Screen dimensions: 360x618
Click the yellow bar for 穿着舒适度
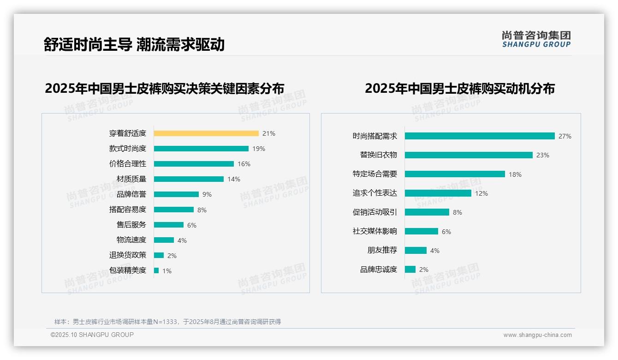tap(206, 133)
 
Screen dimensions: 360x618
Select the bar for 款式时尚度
tap(201, 149)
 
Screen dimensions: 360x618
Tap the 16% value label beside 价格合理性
tap(244, 164)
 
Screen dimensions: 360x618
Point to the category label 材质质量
tap(131, 179)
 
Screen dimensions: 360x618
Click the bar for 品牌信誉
tap(176, 194)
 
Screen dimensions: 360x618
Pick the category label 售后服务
tap(131, 225)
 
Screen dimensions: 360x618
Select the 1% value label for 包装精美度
tap(167, 271)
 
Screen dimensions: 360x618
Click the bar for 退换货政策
tap(159, 255)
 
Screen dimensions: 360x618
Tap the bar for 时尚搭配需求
tap(480, 136)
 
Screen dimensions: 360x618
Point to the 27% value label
tap(565, 136)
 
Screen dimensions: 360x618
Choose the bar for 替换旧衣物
tap(469, 155)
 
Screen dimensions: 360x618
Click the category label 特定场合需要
tap(375, 174)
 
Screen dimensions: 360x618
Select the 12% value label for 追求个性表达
tap(481, 193)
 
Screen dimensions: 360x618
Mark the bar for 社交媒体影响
tap(422, 231)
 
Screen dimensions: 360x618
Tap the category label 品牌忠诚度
tap(379, 270)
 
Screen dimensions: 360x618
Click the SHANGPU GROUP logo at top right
tap(536, 39)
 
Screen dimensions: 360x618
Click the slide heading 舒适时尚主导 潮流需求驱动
tap(134, 44)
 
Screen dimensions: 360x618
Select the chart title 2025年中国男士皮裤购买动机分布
tap(460, 88)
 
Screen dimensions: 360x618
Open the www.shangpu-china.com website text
tap(537, 335)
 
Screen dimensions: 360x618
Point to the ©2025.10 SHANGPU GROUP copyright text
tap(92, 335)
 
